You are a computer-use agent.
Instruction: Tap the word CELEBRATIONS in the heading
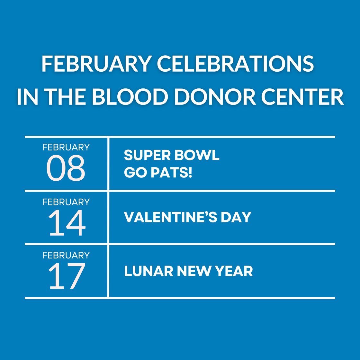click(235, 64)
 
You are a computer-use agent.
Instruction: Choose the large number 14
click(67, 223)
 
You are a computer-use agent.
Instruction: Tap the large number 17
click(67, 276)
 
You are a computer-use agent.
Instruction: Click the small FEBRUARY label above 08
click(66, 147)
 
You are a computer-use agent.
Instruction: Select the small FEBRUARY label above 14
click(66, 202)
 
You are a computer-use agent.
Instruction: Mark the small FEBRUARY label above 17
click(66, 255)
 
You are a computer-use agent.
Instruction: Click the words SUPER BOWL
click(172, 155)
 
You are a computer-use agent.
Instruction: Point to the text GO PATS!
click(158, 173)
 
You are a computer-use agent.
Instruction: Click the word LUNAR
click(148, 271)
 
